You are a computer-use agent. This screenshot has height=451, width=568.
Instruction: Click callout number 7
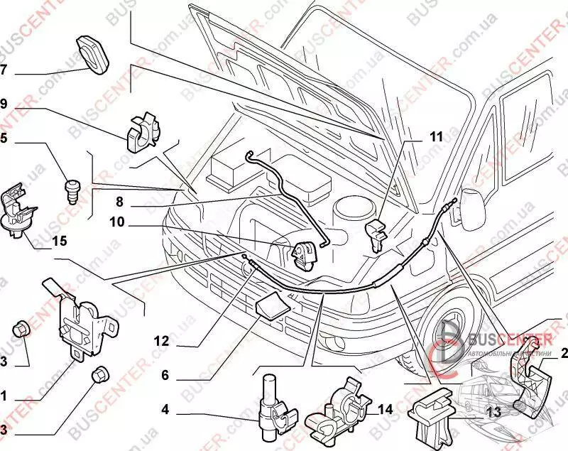click(4, 70)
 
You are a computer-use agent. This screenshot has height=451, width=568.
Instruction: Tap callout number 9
click(4, 104)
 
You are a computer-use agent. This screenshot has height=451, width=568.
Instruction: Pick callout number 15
click(59, 241)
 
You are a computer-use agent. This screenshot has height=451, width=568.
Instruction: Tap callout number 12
click(161, 342)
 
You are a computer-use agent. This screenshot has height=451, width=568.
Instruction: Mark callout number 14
click(385, 409)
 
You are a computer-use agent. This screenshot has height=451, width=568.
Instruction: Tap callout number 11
click(435, 137)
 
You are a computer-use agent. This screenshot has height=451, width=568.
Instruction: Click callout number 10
click(116, 223)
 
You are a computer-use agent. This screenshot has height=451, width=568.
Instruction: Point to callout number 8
click(120, 201)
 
